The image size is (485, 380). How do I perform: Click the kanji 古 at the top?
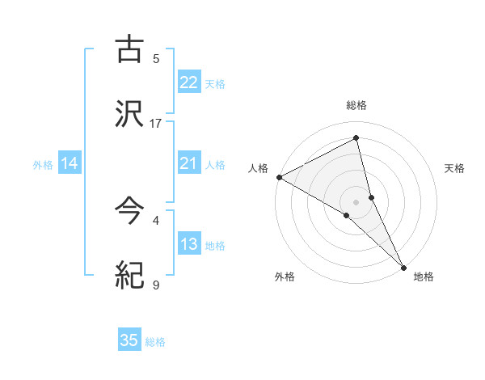pyautogui.click(x=129, y=49)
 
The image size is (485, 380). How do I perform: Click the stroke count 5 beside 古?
pyautogui.click(x=156, y=58)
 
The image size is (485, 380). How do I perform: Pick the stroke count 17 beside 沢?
pyautogui.click(x=156, y=123)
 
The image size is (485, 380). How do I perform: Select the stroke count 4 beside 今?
pyautogui.click(x=156, y=220)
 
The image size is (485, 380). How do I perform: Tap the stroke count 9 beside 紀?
pyautogui.click(x=156, y=285)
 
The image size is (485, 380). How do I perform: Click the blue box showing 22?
pyautogui.click(x=189, y=82)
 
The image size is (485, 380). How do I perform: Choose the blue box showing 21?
pyautogui.click(x=189, y=163)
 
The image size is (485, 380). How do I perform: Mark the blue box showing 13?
pyautogui.click(x=189, y=244)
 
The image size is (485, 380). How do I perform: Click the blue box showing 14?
pyautogui.click(x=70, y=163)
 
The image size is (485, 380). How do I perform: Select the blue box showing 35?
pyautogui.click(x=129, y=340)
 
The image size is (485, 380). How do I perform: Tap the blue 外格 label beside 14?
pyautogui.click(x=43, y=165)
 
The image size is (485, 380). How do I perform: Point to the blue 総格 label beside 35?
pyautogui.click(x=155, y=342)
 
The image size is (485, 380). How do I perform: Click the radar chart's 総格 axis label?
pyautogui.click(x=356, y=105)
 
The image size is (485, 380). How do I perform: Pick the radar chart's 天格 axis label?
pyautogui.click(x=455, y=168)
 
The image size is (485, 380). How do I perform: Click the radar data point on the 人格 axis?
pyautogui.click(x=279, y=177)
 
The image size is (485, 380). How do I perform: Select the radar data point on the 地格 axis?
pyautogui.click(x=404, y=266)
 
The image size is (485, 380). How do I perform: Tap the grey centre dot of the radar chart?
pyautogui.click(x=356, y=201)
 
